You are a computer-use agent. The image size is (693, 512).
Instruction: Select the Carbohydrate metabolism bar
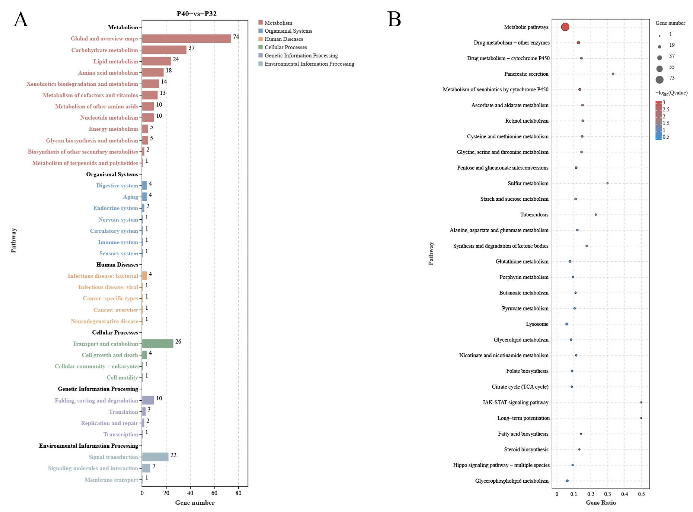click(x=164, y=50)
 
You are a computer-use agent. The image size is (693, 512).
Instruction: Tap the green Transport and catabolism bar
click(x=157, y=343)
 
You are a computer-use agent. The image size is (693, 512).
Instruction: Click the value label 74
click(x=236, y=36)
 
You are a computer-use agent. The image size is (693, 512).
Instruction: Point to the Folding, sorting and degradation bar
click(x=148, y=400)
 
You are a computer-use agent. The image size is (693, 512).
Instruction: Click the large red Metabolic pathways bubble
click(x=565, y=27)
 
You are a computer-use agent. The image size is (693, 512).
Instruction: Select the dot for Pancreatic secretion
click(x=613, y=74)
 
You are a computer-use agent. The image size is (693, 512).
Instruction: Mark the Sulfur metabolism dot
click(x=607, y=183)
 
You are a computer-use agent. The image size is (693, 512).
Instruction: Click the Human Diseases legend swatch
click(x=260, y=39)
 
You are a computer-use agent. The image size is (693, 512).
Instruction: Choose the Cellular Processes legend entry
click(x=286, y=47)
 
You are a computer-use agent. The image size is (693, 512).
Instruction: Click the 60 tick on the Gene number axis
click(x=214, y=493)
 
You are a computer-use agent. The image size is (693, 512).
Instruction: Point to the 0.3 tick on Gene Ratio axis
click(x=607, y=494)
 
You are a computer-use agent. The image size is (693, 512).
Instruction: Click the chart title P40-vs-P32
click(x=196, y=14)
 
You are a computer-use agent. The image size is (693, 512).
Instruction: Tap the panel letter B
click(x=394, y=19)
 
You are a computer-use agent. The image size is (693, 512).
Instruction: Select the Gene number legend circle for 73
click(x=660, y=79)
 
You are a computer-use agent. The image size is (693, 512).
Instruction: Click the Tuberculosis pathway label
click(x=534, y=214)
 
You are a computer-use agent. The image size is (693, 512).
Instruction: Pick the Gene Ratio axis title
click(x=601, y=502)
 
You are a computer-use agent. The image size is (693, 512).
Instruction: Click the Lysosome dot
click(x=567, y=324)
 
